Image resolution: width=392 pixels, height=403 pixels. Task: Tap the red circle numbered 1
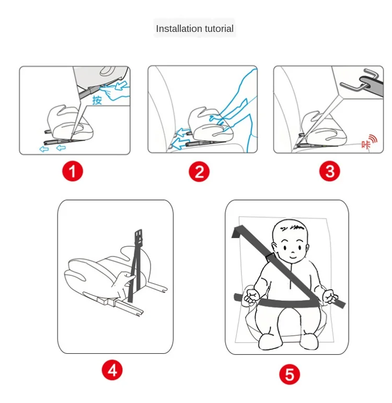(73, 171)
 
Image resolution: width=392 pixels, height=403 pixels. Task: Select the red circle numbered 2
(199, 172)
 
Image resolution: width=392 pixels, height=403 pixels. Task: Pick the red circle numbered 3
(330, 171)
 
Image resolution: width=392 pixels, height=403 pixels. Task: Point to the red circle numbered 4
(112, 370)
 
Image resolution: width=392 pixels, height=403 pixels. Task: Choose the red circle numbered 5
(290, 374)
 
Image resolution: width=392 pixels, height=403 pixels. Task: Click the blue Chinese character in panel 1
(97, 100)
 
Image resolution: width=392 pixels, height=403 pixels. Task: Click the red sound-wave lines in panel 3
(374, 139)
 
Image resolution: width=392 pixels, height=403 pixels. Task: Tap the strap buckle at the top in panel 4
(139, 237)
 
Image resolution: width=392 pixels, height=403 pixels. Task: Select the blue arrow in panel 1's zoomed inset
(120, 86)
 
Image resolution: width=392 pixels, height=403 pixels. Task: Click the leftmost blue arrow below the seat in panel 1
(44, 149)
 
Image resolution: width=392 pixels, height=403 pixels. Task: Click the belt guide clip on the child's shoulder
(270, 257)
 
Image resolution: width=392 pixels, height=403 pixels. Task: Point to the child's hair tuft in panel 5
(295, 227)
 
